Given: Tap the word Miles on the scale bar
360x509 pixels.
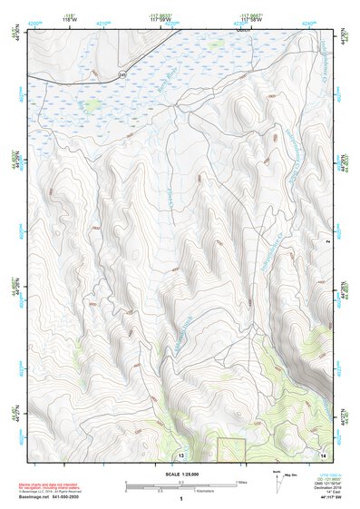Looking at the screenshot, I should (x=240, y=482).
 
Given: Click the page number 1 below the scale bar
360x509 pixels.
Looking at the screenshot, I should (x=181, y=499).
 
